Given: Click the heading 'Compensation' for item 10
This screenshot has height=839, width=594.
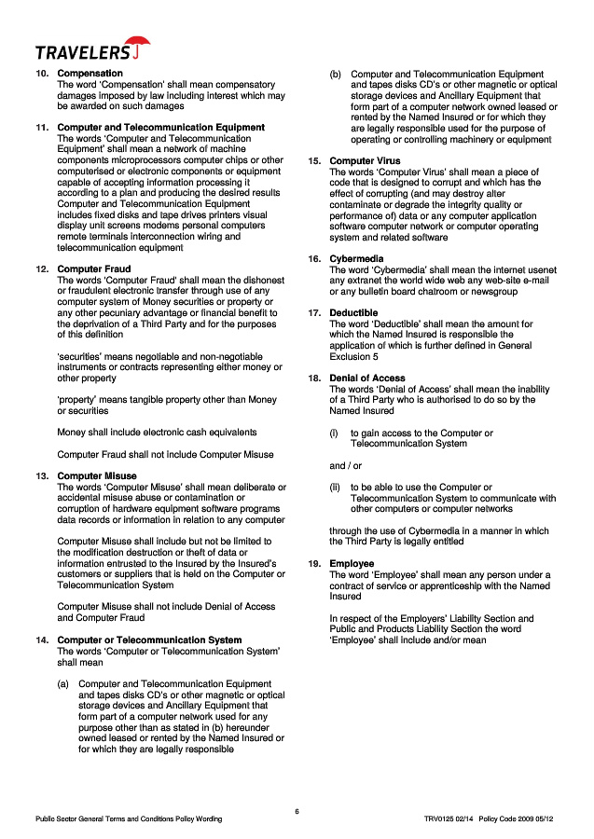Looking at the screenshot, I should tap(90, 73).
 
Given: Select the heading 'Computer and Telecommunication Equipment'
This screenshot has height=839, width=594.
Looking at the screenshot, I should tap(160, 127).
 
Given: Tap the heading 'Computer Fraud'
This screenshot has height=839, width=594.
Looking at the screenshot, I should tap(94, 268).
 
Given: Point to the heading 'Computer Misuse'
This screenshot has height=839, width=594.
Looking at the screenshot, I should tap(97, 475).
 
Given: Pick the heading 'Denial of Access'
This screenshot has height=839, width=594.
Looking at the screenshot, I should tap(367, 378).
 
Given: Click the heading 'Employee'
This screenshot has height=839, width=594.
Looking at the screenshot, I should tap(352, 563).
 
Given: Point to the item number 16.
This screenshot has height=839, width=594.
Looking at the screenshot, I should tap(314, 258).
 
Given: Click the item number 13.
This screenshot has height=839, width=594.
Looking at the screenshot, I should tap(42, 475).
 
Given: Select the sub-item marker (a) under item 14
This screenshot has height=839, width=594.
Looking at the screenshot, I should tap(63, 684).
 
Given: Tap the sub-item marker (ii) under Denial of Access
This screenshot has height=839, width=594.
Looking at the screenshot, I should tap(335, 487).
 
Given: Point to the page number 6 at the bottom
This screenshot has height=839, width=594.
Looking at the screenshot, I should tap(297, 811).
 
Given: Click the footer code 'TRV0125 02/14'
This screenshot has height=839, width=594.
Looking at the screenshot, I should tap(449, 818).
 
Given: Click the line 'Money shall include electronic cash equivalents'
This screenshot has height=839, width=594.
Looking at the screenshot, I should tap(157, 432).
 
